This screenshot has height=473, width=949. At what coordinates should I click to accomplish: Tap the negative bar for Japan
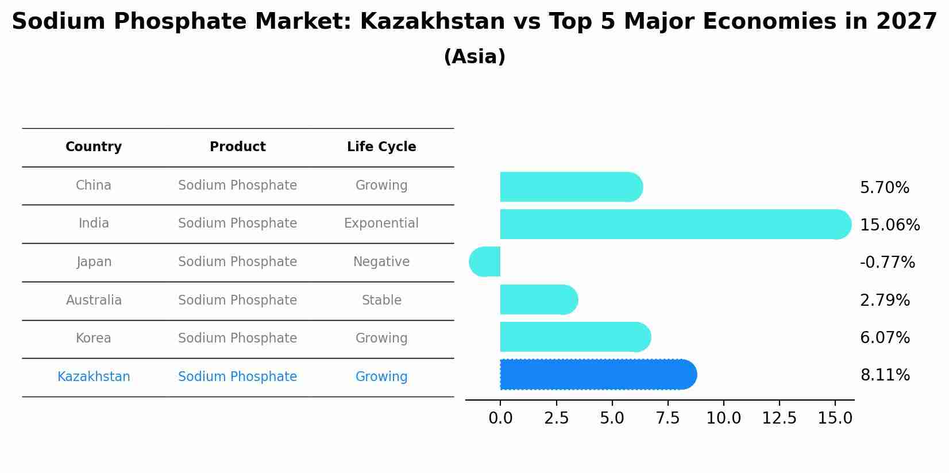pos(485,262)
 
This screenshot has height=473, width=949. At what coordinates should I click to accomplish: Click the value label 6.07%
pos(885,338)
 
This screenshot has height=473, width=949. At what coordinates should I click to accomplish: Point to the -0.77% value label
pos(887,263)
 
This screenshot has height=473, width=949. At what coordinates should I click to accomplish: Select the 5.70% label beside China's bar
pos(885,188)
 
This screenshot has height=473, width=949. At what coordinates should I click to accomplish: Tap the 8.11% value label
pos(885,375)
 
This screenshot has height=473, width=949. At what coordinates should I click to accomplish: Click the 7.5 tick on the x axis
pos(668,418)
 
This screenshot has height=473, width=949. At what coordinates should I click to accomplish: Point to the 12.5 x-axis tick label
pos(779,418)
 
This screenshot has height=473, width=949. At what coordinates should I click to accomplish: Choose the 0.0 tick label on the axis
pos(500,418)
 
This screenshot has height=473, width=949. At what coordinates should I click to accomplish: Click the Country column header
pos(94,147)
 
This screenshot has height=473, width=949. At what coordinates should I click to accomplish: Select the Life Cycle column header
pos(381,147)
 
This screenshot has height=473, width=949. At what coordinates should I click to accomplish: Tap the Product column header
pos(237,147)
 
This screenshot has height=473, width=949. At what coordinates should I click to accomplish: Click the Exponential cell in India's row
pos(381,224)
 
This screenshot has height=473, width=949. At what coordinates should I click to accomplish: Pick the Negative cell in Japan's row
pos(381,262)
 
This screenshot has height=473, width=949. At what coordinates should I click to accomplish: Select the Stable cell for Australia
pos(381,301)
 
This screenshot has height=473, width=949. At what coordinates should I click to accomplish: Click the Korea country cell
pos(94,339)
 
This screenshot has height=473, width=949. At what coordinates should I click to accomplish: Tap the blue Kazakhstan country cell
pos(94,377)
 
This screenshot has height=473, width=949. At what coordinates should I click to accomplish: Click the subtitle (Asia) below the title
pos(475,57)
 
